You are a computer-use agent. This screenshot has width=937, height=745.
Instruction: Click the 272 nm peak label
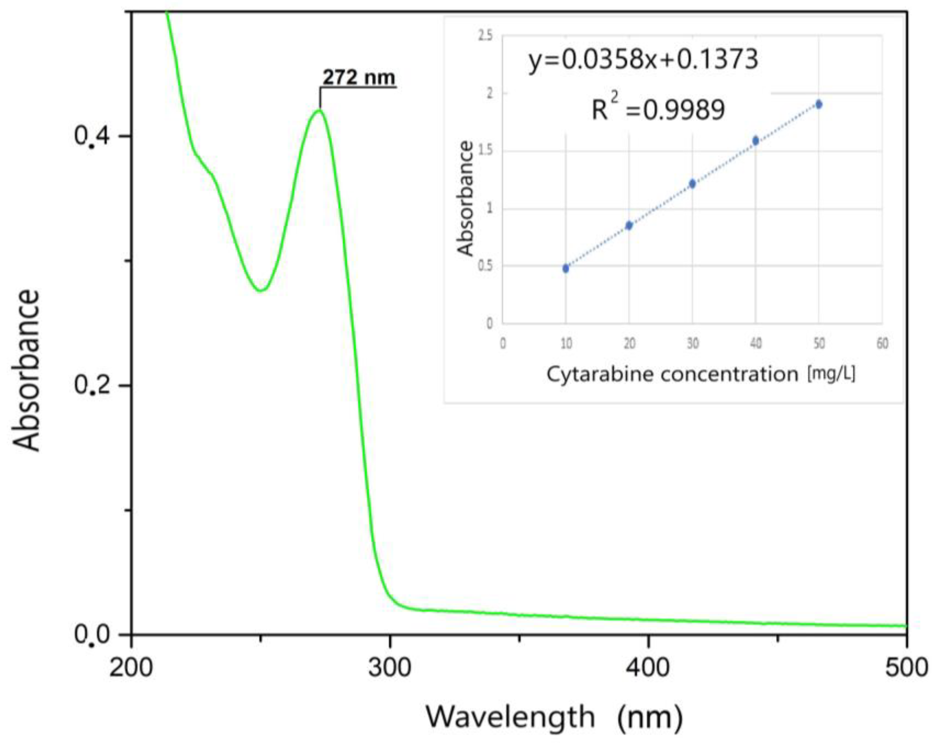pos(359,78)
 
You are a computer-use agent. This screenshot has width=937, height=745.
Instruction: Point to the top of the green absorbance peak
pos(319,110)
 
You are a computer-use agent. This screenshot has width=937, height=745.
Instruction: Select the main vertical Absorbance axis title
pos(27,370)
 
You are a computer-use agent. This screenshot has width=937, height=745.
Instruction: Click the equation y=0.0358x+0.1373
pos(643,60)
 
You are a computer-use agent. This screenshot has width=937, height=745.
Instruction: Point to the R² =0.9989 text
pos(658,109)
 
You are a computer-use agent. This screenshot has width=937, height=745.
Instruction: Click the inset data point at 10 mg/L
pos(565,268)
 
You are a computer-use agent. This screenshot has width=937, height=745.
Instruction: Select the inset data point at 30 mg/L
pos(692,184)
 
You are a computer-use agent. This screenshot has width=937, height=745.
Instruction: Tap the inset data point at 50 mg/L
pos(819,104)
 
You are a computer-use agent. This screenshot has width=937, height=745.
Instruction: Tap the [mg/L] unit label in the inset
pos(831,374)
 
